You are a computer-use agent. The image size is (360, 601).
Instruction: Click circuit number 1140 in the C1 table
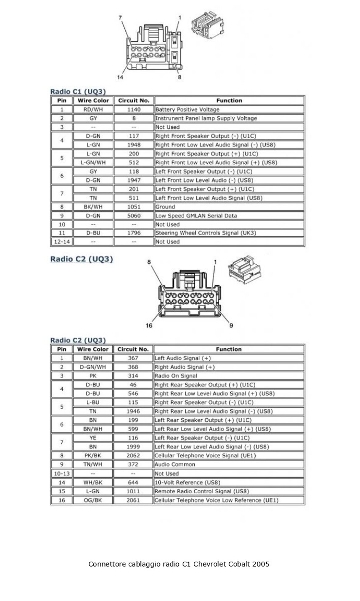coord(134,110)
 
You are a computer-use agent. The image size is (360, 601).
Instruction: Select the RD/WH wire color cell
coord(93,110)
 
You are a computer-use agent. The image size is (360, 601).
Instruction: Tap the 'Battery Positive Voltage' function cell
coord(187,110)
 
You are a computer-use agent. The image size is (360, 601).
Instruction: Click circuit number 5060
coord(134,216)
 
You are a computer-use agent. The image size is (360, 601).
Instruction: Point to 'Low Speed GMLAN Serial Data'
coord(196,216)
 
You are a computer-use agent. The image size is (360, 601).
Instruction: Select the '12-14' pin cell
coord(62,242)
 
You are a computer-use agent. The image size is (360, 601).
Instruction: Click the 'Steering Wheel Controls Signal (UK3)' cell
coord(206,233)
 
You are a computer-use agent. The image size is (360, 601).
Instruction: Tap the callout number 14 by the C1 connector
coord(120,77)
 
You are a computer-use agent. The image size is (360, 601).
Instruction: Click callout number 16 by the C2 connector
coord(149,326)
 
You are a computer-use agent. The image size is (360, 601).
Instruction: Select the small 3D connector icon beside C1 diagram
coord(207,25)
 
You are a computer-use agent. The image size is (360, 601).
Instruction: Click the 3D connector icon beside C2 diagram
coord(245,270)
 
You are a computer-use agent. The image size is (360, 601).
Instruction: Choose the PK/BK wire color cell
coord(93,455)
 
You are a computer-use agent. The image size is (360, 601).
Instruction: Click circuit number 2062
coord(133,455)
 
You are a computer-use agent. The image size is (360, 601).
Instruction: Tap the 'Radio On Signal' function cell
coord(176,376)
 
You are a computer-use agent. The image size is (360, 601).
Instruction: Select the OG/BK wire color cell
coord(93,500)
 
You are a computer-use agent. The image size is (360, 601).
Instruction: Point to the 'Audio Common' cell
coord(175,464)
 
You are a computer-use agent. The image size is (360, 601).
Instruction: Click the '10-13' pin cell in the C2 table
coord(62,474)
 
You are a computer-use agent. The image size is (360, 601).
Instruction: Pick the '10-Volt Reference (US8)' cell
coord(187,483)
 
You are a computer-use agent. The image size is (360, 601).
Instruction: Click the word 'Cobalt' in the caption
coord(240,564)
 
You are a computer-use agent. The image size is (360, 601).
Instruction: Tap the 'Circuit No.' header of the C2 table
coord(133,349)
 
